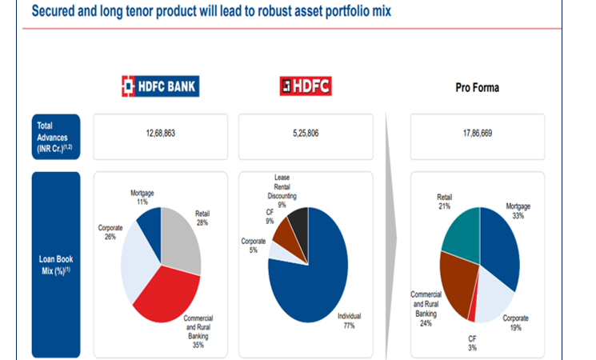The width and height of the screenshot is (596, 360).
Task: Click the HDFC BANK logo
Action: [159, 86]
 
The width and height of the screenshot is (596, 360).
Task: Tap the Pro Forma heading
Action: [477, 87]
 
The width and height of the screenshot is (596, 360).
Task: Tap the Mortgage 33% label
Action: [518, 211]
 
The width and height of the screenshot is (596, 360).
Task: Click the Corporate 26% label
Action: [110, 233]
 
